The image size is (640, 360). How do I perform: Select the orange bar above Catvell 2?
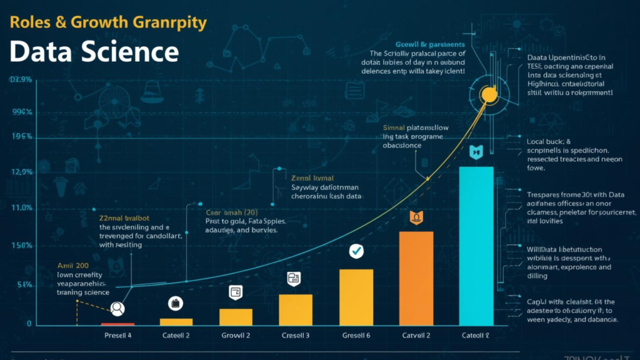point(416,278)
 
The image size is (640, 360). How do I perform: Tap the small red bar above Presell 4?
point(117,324)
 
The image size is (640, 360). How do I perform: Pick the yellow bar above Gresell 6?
point(356,297)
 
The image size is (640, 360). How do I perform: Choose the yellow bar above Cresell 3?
point(296,309)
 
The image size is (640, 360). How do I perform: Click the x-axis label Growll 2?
point(236,336)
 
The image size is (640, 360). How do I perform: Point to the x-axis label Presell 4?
point(117,336)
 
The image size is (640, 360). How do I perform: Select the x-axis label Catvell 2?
point(416,336)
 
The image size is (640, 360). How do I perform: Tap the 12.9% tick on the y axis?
point(21,172)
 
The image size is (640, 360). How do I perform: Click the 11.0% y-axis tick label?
point(21,207)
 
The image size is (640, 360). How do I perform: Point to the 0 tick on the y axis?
point(29,324)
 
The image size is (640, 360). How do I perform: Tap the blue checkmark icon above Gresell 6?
point(356,251)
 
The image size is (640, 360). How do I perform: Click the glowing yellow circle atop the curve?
point(487,94)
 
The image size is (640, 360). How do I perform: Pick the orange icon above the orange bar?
point(416,217)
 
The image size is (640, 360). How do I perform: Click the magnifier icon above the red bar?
point(117,307)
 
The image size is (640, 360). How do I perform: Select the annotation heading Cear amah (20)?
point(232,212)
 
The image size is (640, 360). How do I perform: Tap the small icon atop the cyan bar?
point(476,151)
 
